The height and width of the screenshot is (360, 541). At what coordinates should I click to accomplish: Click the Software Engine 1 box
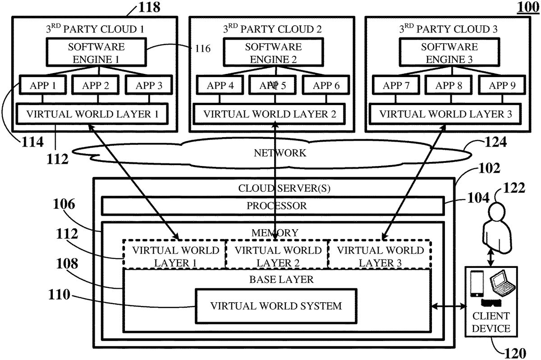tap(96, 52)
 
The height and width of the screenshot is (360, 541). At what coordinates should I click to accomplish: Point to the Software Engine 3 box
tap(449, 52)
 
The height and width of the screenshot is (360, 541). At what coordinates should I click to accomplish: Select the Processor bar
tap(276, 206)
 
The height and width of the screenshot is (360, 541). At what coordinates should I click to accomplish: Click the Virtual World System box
tap(276, 306)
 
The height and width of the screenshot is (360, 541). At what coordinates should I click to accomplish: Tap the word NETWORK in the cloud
tap(280, 153)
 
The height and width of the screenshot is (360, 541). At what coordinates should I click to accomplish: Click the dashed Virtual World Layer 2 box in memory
tap(276, 256)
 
